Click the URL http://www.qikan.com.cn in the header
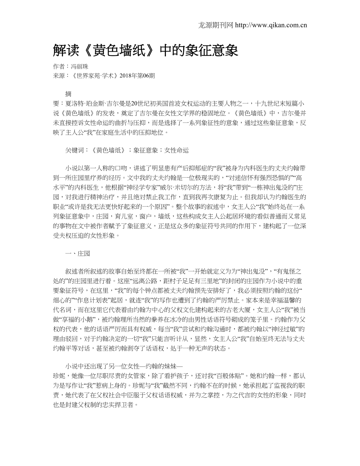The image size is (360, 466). (x=271, y=25)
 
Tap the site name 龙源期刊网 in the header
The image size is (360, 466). (x=216, y=25)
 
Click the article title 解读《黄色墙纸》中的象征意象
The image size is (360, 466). (x=145, y=50)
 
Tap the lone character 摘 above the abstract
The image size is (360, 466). (x=68, y=94)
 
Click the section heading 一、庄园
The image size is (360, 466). (x=78, y=254)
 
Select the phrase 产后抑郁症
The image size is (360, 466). (x=185, y=168)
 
